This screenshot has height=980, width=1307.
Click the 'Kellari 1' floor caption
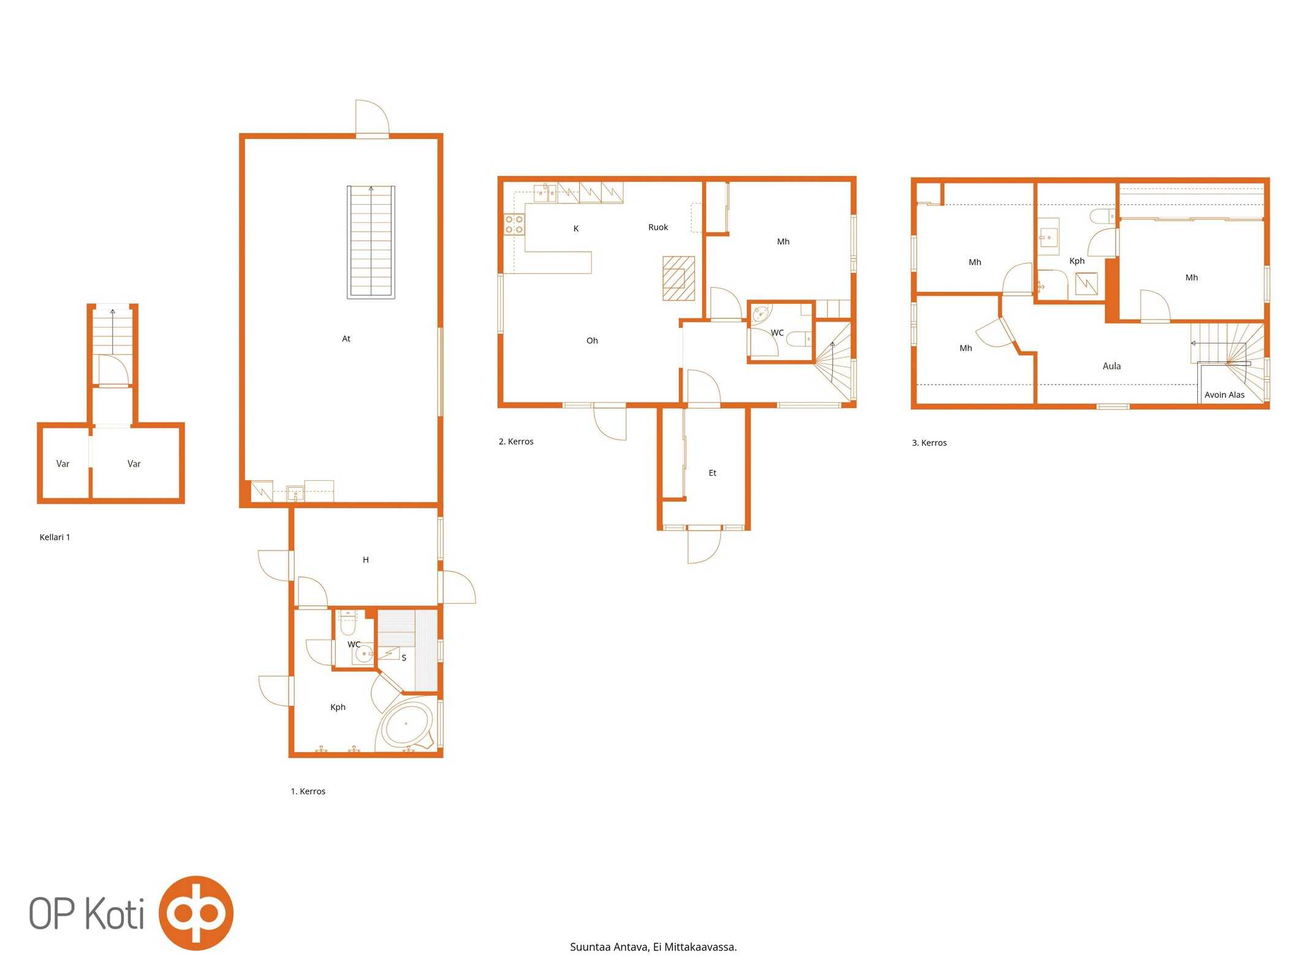[x=55, y=537]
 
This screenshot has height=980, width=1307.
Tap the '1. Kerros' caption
[x=308, y=791]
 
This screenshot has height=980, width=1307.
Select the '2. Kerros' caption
[x=516, y=442]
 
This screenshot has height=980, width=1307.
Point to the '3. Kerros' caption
[x=929, y=443]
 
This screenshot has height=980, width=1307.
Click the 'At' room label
[x=346, y=339]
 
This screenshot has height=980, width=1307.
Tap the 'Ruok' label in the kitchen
[x=658, y=227]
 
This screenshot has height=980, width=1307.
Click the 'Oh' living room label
[x=592, y=341]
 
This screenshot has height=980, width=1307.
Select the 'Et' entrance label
[x=712, y=473]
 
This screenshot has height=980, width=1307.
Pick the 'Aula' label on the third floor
[x=1112, y=366]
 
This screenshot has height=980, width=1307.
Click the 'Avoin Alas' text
[x=1224, y=395]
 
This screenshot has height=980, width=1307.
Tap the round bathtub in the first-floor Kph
[x=406, y=725]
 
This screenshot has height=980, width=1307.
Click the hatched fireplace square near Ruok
[x=678, y=278]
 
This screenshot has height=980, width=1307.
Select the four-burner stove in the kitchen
[x=514, y=224]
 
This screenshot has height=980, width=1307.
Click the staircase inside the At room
[x=371, y=242]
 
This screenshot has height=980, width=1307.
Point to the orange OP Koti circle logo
[x=196, y=913]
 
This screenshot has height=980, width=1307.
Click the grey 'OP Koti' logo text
[x=87, y=913]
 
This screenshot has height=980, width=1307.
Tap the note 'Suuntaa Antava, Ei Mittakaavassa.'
[x=653, y=947]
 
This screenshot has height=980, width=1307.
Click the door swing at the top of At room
[x=373, y=116]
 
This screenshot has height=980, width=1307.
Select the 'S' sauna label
[x=404, y=658]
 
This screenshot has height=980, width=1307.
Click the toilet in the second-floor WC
[x=799, y=338]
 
